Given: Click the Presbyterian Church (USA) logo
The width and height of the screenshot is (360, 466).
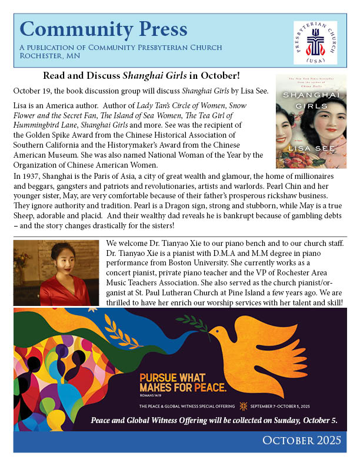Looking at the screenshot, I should click(315, 44).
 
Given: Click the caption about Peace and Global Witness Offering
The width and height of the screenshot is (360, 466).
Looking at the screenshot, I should click(214, 420).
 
